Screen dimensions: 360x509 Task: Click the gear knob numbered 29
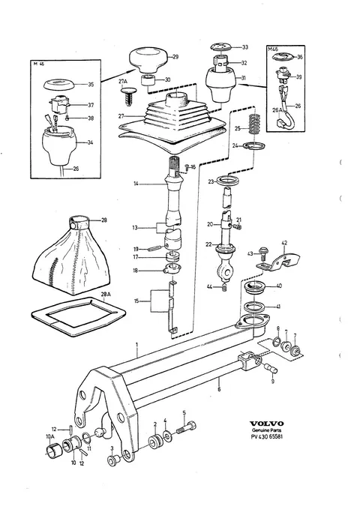pyautogui.click(x=149, y=60)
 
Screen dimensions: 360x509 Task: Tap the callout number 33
pyautogui.click(x=244, y=47)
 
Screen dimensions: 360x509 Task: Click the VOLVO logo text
pyautogui.click(x=266, y=424)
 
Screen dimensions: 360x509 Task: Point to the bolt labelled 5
pyautogui.click(x=186, y=429)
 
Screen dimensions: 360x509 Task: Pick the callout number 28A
pyautogui.click(x=106, y=294)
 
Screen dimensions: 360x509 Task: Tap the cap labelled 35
pyautogui.click(x=58, y=84)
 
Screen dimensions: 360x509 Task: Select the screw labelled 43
pyautogui.click(x=263, y=253)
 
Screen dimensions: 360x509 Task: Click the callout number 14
pyautogui.click(x=136, y=184)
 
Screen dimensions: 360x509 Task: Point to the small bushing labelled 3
pyautogui.click(x=113, y=460)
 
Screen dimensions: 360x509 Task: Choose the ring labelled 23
pyautogui.click(x=229, y=180)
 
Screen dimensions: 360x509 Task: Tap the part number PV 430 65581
pyautogui.click(x=267, y=436)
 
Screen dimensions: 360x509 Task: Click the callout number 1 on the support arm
pyautogui.click(x=137, y=343)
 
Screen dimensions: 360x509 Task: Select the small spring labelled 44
pyautogui.click(x=224, y=287)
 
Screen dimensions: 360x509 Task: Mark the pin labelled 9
pyautogui.click(x=271, y=369)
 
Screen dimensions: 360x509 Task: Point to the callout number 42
pyautogui.click(x=284, y=243)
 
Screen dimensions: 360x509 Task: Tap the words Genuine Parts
pyautogui.click(x=266, y=430)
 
